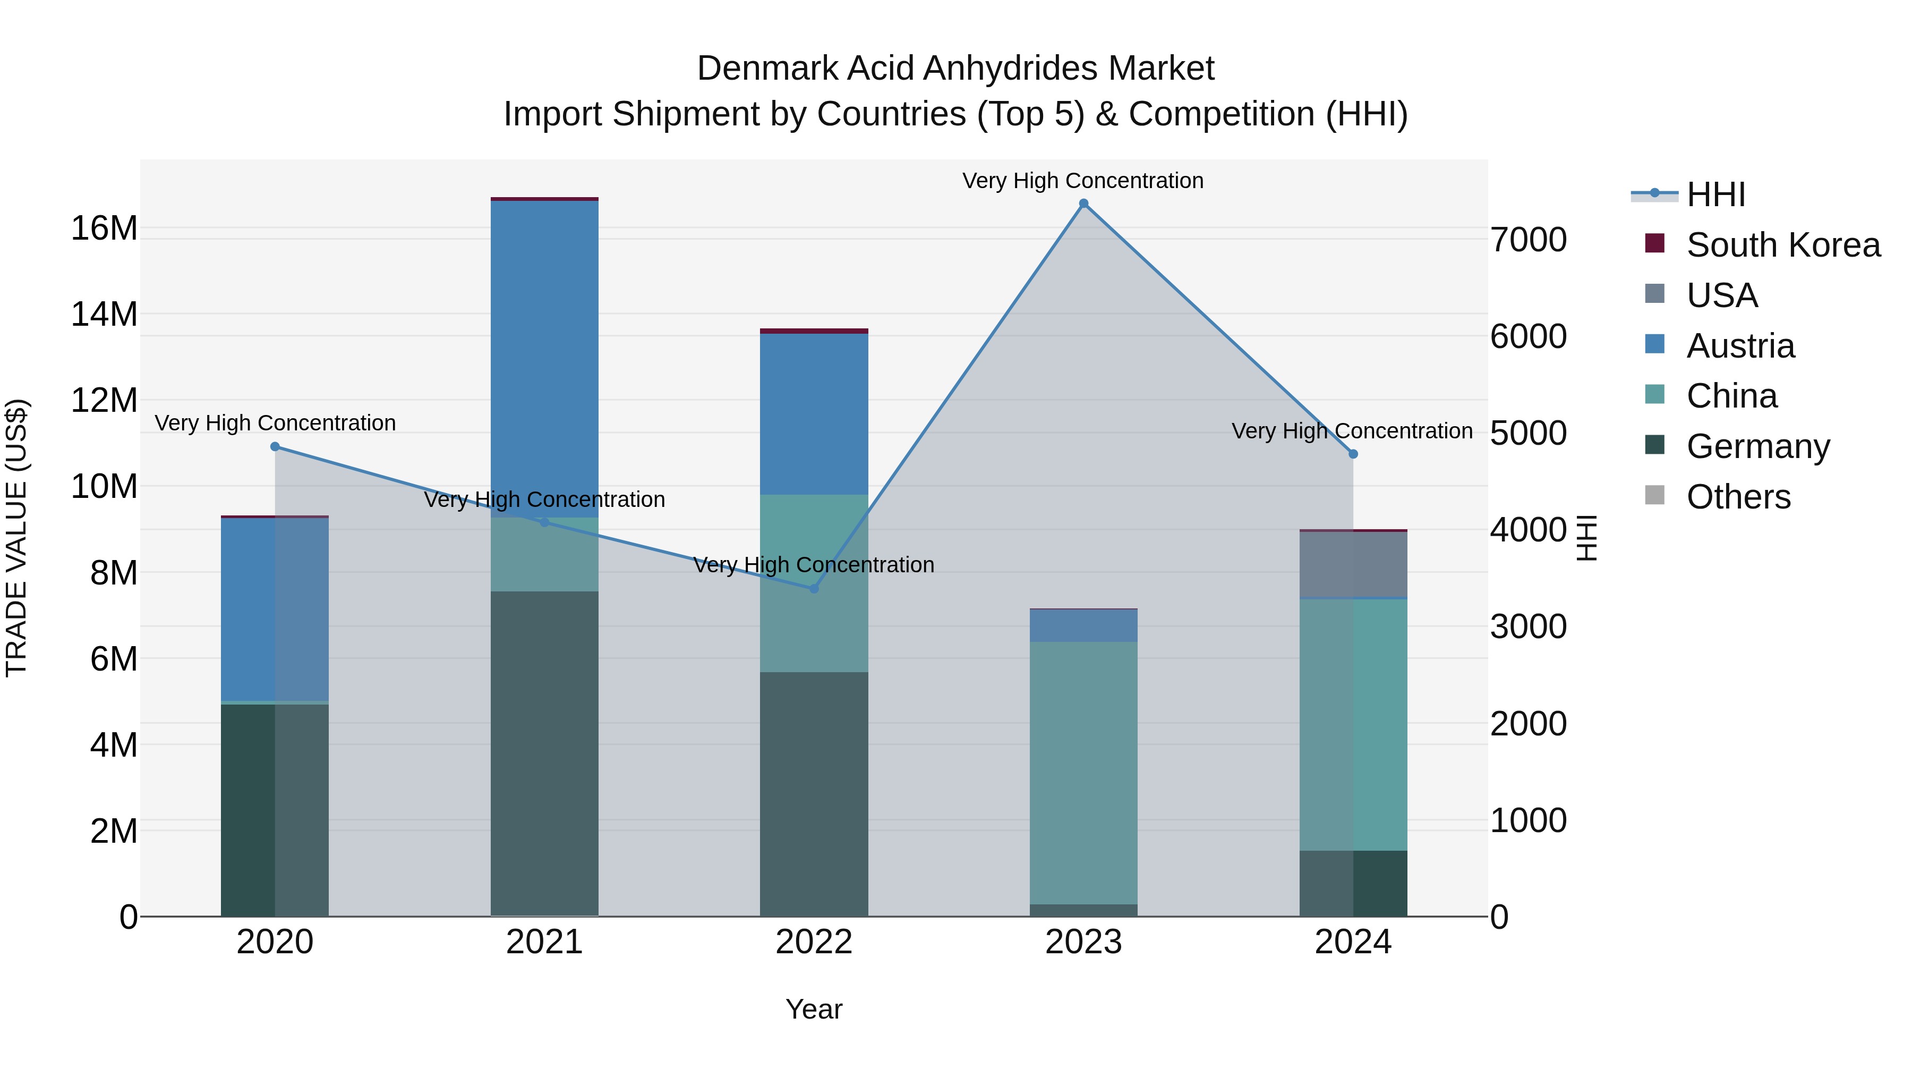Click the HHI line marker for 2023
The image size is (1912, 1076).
(x=1083, y=204)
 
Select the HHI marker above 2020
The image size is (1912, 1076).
(x=275, y=446)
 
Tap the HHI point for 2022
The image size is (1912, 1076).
(x=814, y=588)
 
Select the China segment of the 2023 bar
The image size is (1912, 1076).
(x=1083, y=772)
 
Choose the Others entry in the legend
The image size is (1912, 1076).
(x=1738, y=497)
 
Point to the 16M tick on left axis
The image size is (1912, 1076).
(x=104, y=228)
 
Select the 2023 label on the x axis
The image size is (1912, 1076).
(x=1083, y=942)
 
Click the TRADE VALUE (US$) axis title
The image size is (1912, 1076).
(x=16, y=538)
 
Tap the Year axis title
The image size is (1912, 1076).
(x=814, y=1009)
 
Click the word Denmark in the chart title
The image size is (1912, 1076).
(x=767, y=69)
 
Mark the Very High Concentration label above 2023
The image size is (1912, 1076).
(x=1083, y=181)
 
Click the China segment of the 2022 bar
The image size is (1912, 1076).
(x=814, y=583)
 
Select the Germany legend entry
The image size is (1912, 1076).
(x=1757, y=446)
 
